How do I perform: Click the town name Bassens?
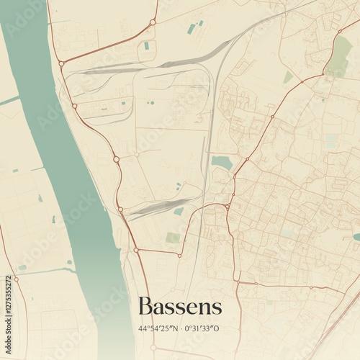[x=179, y=306]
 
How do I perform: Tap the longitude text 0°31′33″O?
[x=202, y=328]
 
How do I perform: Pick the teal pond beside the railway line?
[x=222, y=163]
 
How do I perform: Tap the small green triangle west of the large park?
[x=288, y=76]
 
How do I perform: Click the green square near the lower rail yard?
[x=173, y=237]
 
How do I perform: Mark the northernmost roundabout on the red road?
[x=153, y=22]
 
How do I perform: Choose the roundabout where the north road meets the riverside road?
[x=61, y=63]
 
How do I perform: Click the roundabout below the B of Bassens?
[x=153, y=347]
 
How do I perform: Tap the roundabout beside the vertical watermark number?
[x=17, y=279]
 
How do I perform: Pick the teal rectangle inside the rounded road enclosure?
[x=146, y=45]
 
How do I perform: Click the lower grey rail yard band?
[x=155, y=207]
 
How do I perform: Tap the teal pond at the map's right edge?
[x=356, y=236]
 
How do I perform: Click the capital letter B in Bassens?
[x=145, y=306]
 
